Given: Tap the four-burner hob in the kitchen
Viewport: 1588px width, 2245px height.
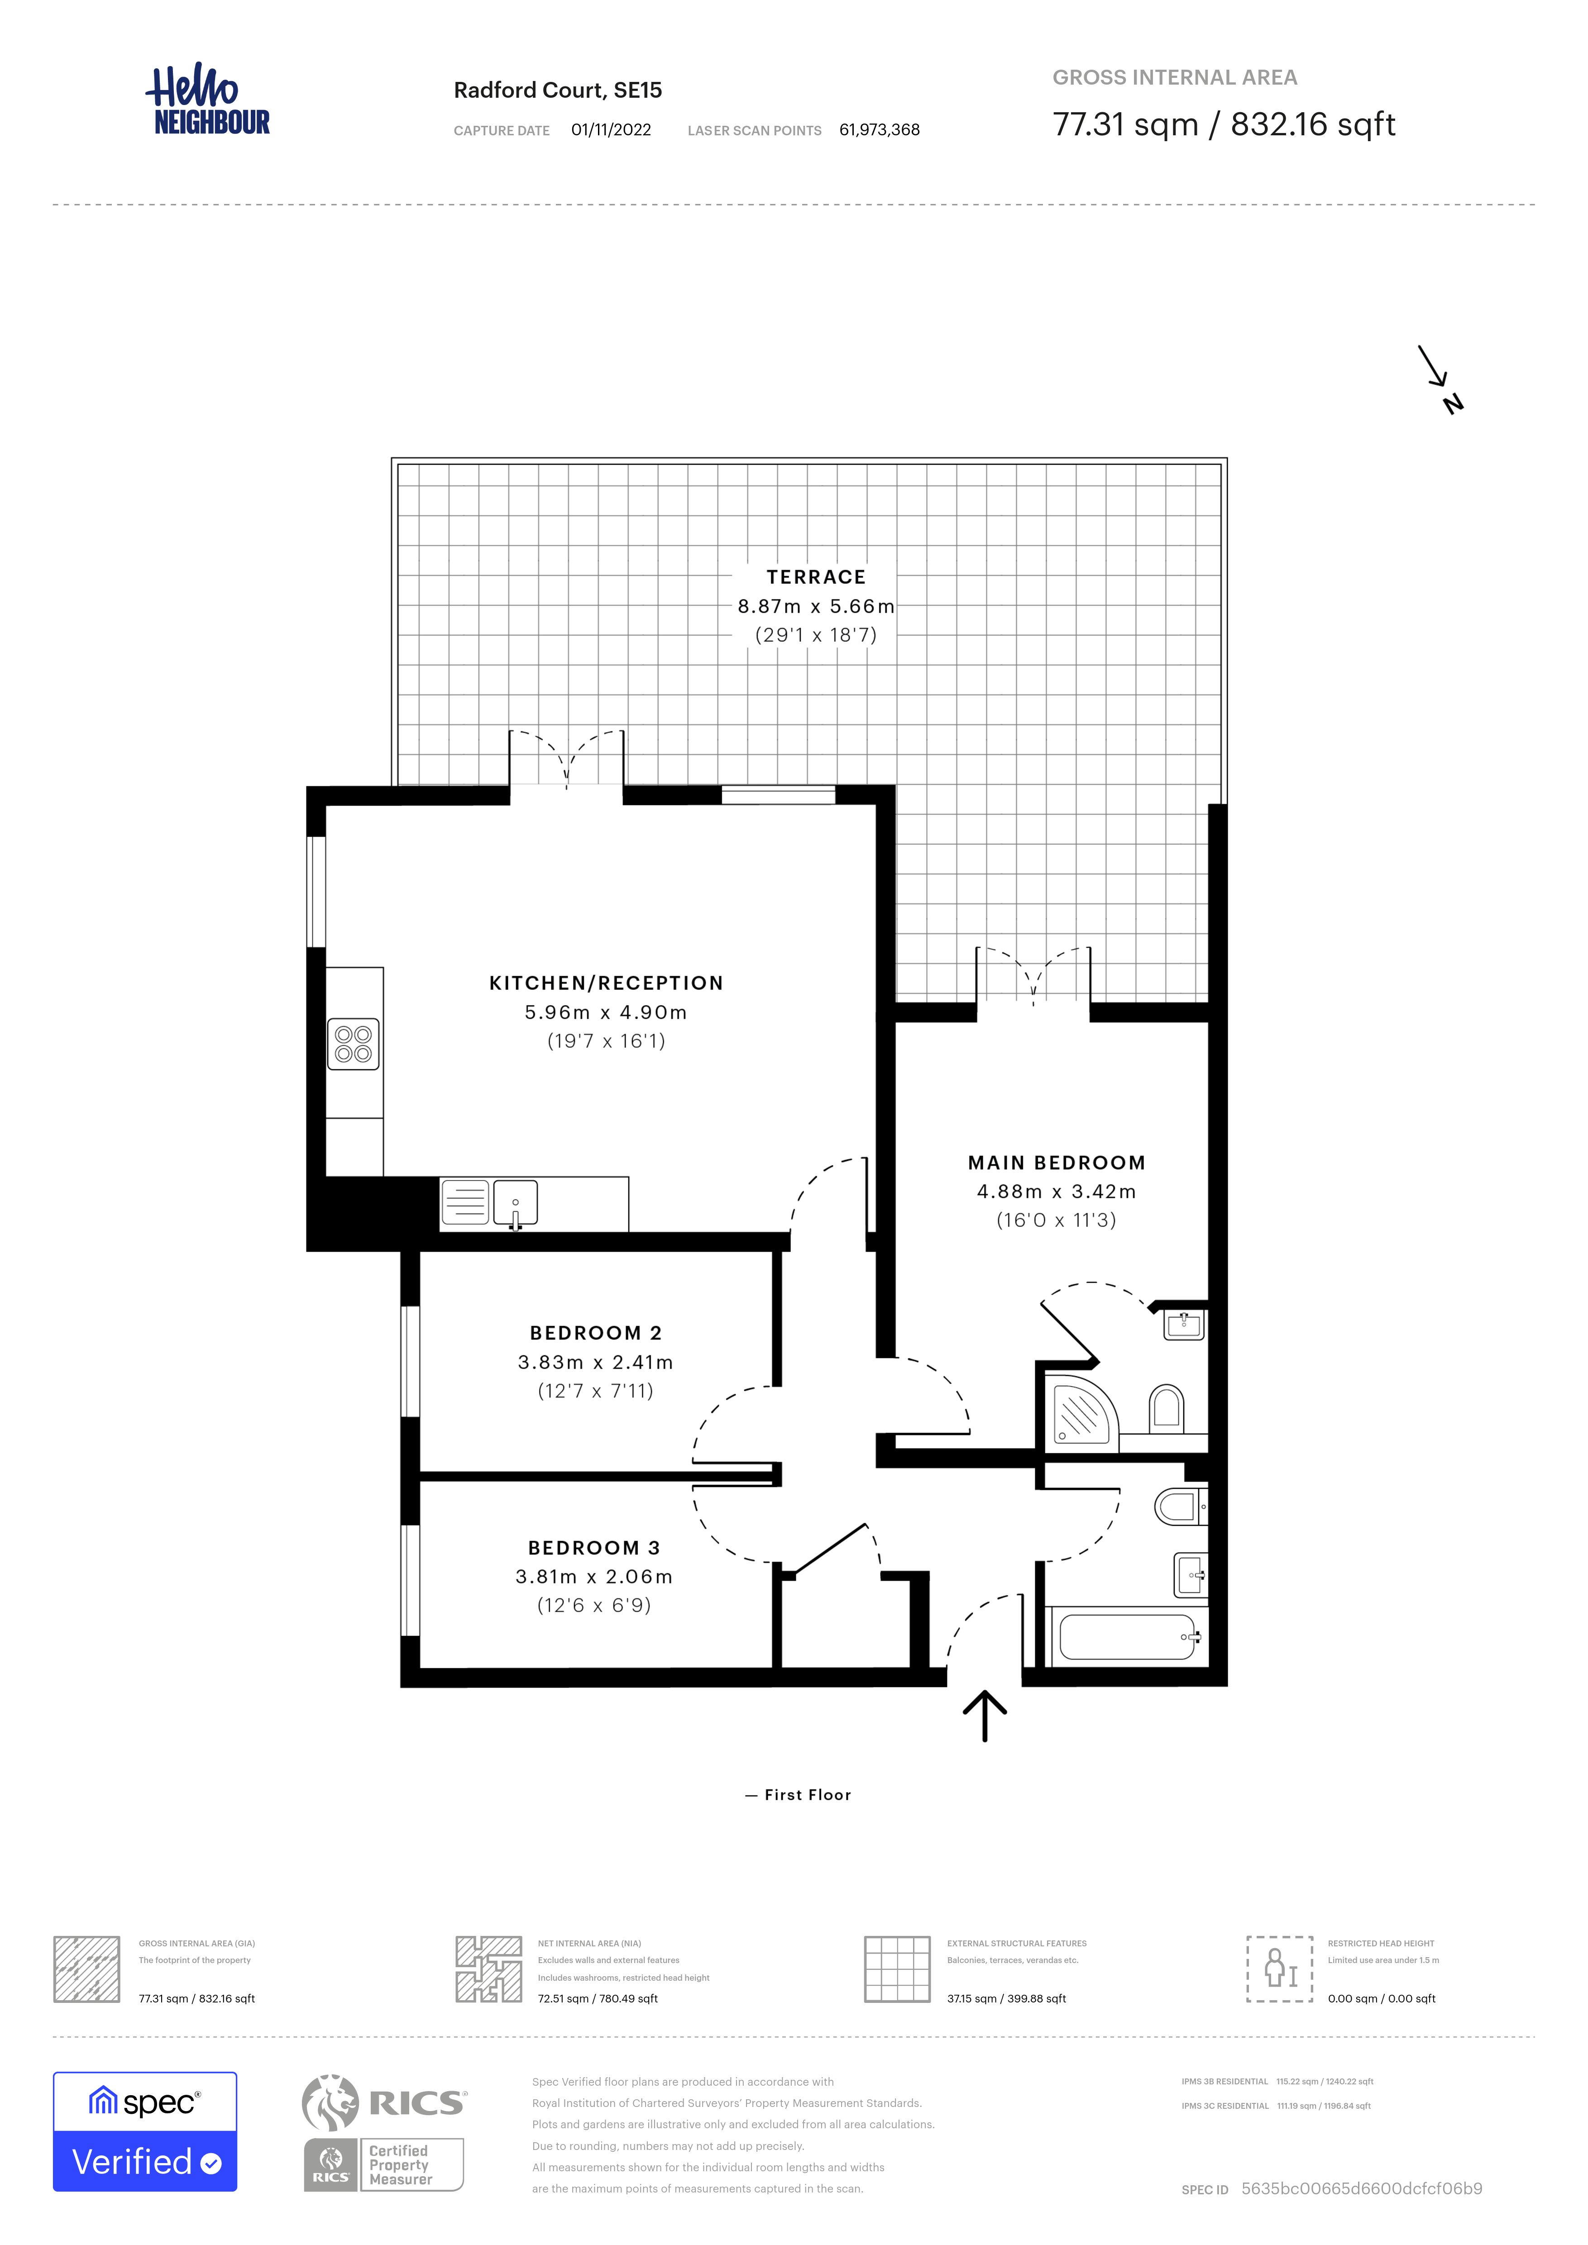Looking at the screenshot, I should pyautogui.click(x=353, y=1044).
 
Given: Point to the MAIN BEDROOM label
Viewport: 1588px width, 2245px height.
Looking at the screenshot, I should pyautogui.click(x=1056, y=1163).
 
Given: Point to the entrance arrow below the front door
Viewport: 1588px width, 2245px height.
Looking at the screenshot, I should pyautogui.click(x=985, y=1716).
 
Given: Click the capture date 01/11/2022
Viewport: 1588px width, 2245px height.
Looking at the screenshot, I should pyautogui.click(x=611, y=130).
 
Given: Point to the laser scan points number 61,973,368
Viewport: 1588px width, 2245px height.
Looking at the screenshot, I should pyautogui.click(x=879, y=130).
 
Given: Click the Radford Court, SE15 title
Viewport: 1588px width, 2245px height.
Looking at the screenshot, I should pyautogui.click(x=557, y=90).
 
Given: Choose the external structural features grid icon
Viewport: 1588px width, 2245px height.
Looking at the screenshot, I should pyautogui.click(x=897, y=1969).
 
